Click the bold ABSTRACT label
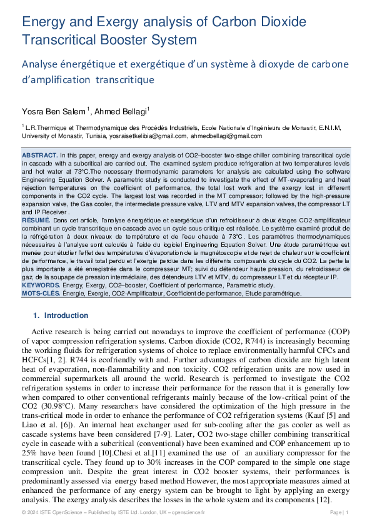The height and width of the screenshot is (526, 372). coord(39,154)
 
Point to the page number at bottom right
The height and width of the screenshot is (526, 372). coord(339,512)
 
